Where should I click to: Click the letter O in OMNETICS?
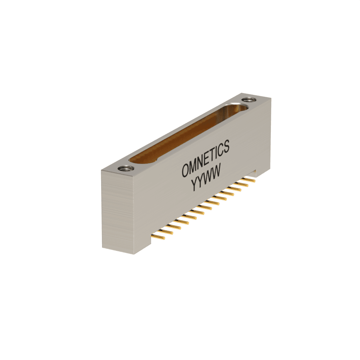pyautogui.click(x=186, y=170)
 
